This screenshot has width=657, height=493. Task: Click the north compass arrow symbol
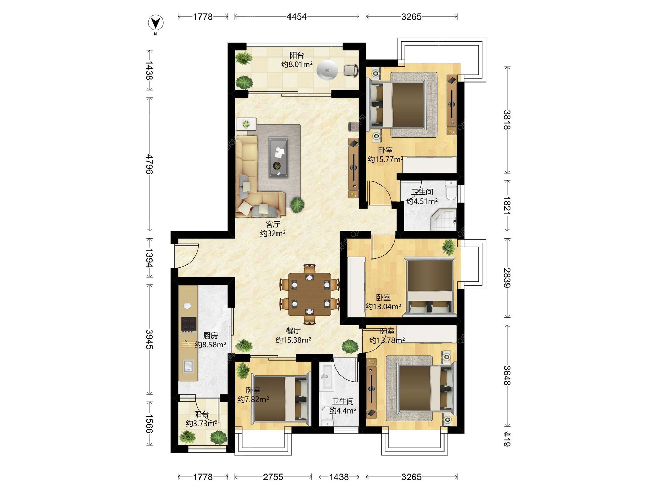pos(155,23)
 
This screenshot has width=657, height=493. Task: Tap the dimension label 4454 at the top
pos(296,17)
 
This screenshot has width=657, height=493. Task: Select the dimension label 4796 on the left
pos(150,164)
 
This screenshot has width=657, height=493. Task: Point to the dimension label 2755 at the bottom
pos(273,477)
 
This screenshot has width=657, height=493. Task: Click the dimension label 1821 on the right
pos(507,206)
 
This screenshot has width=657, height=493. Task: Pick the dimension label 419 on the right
pos(507,439)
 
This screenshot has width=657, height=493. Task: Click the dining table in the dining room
pos(310,294)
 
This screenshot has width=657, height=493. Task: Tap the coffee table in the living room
pos(279,157)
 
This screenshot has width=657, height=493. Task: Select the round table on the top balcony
pos(327,70)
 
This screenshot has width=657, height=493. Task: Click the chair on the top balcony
pos(351,70)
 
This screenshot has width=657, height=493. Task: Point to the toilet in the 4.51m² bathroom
pos(451,191)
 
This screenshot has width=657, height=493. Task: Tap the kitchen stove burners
pos(189,324)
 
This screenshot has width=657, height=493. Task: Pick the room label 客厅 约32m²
pos(273,229)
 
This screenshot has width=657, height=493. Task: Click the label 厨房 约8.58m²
pos(210,340)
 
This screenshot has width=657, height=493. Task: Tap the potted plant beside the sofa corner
pos(297,204)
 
